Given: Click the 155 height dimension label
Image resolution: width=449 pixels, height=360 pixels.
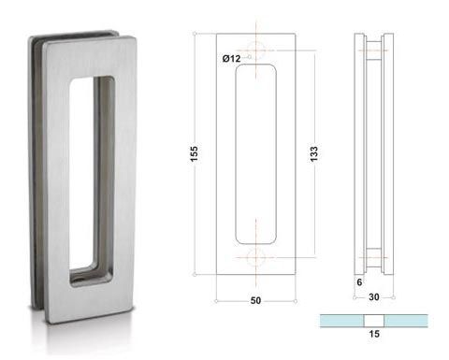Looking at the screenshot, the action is [x=194, y=153].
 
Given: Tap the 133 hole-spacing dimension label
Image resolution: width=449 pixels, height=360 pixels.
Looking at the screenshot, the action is [x=313, y=153].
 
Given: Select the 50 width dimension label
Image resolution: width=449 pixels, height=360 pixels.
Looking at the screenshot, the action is [x=255, y=300].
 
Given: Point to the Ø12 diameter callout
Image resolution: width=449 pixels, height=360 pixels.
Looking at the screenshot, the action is [x=231, y=58].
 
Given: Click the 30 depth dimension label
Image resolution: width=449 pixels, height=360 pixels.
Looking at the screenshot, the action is [x=374, y=296].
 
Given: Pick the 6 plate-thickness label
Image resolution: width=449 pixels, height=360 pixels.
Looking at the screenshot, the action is [x=359, y=282].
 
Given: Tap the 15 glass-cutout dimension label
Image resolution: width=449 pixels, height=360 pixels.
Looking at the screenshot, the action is [x=374, y=334].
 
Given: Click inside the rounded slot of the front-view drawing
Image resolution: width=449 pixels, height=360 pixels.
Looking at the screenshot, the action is [x=256, y=154].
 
